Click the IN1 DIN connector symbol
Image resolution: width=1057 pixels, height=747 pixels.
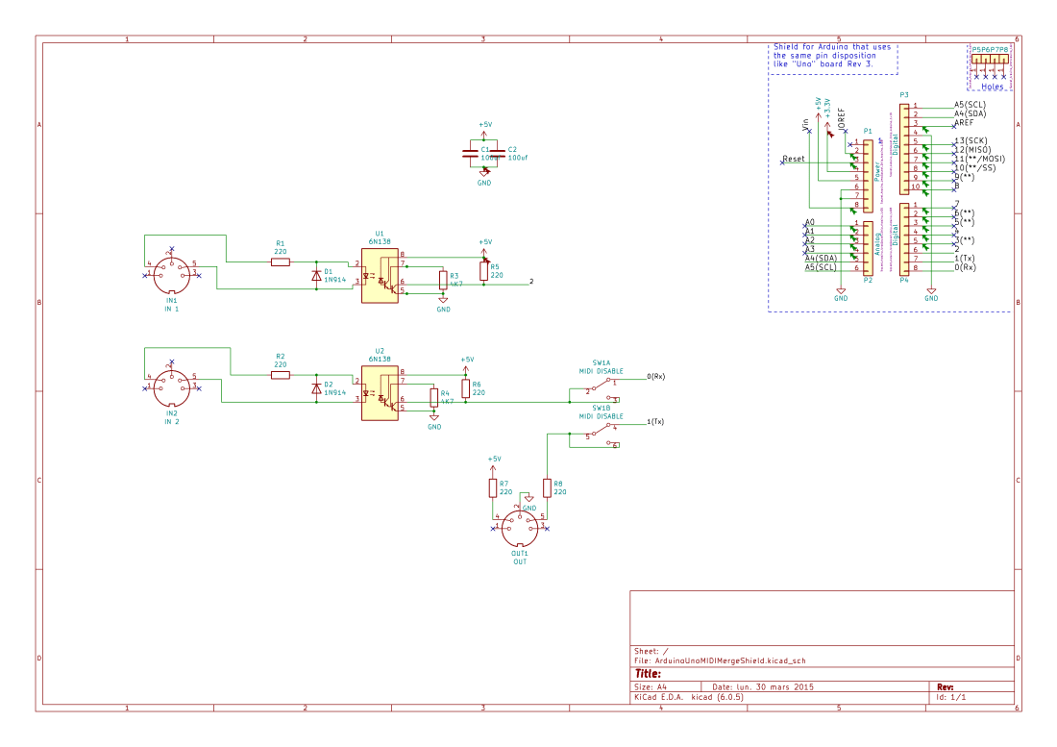(171, 275)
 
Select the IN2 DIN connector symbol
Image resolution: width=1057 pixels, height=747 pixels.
(171, 388)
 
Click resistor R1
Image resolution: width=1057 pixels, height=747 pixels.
(281, 261)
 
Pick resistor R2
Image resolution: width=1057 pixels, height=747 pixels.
(281, 375)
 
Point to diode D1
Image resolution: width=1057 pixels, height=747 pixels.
(316, 276)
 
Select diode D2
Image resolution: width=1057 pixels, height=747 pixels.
(316, 389)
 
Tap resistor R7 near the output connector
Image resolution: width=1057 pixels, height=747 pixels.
(493, 487)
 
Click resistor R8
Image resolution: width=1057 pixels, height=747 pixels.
(547, 487)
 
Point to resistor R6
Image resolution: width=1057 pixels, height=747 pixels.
(465, 387)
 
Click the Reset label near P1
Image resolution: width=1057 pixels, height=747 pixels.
(795, 158)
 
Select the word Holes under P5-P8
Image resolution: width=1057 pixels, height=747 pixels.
(993, 87)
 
